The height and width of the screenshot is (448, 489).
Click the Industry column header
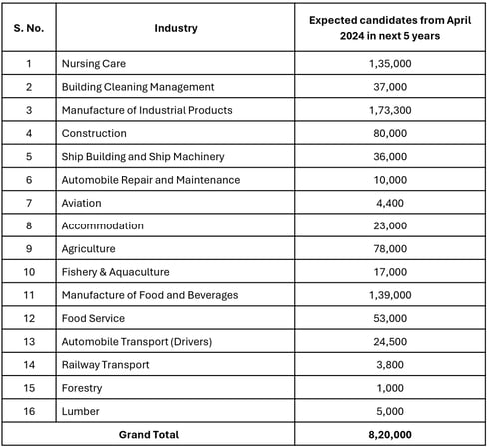coord(176,28)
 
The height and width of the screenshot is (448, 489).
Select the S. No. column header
coord(29,28)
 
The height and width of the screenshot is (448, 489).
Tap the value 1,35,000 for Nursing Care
coord(390,63)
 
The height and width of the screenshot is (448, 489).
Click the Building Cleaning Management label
coord(138,87)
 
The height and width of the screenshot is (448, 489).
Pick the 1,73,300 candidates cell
coord(390,110)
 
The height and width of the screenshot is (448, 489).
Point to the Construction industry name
coord(94,133)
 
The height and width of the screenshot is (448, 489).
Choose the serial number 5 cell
coord(29,156)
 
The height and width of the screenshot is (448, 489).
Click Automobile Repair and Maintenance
coord(151,180)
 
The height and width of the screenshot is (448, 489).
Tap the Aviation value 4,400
coord(390,203)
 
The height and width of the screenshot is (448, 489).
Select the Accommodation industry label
coord(103,225)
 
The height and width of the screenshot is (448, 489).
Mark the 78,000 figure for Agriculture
coord(390,249)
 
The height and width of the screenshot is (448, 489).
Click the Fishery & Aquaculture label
coord(115,272)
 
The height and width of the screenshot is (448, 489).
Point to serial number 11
coord(29,295)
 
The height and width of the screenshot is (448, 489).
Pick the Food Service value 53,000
coord(390,318)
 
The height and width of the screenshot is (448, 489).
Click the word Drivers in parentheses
coord(191,342)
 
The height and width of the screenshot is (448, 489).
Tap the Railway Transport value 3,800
coord(390,365)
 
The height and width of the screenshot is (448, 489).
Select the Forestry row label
coord(82,388)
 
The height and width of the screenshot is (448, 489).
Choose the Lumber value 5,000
coord(390,411)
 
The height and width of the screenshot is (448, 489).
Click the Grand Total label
coord(149,435)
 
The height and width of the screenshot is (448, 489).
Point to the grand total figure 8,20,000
coord(390,435)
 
